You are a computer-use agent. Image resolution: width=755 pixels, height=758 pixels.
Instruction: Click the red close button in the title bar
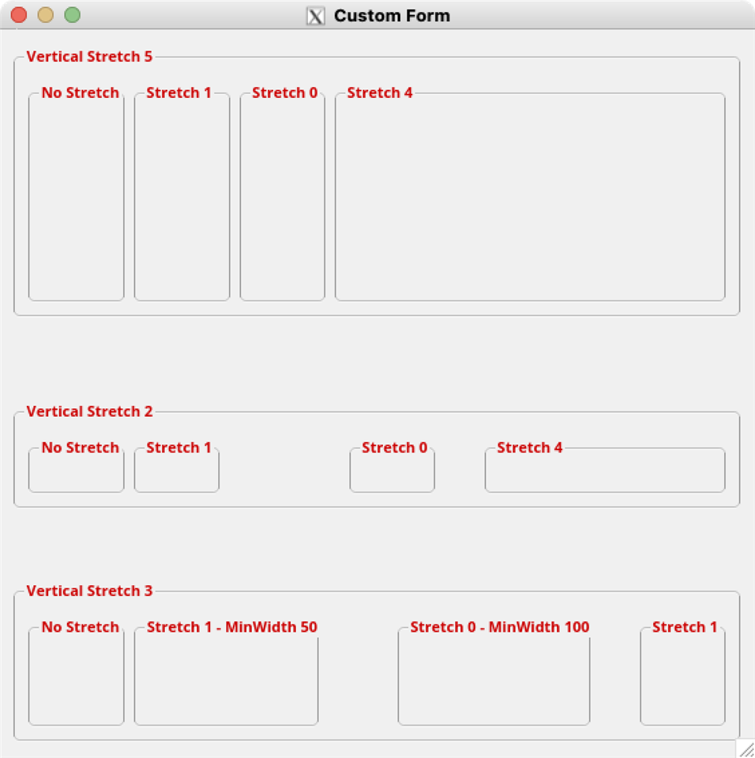tap(19, 15)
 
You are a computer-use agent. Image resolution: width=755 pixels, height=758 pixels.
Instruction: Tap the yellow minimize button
tap(46, 15)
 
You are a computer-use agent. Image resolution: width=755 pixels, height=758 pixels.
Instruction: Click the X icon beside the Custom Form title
tap(315, 16)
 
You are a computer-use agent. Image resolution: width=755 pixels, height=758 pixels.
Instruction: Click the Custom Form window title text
tap(392, 16)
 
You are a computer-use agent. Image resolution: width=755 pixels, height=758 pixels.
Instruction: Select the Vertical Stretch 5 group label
tap(89, 57)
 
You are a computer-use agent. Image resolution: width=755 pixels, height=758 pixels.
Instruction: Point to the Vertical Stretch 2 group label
tap(89, 411)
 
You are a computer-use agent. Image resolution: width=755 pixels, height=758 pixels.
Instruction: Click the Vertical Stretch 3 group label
tap(89, 591)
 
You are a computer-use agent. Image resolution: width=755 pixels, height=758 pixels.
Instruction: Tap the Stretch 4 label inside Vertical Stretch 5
tap(380, 93)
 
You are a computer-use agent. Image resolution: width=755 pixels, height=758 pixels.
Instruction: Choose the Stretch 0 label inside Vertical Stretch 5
tap(285, 93)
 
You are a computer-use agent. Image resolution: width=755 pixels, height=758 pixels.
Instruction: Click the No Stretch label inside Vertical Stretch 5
tap(81, 93)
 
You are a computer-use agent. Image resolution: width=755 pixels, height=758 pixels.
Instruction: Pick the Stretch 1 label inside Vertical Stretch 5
tap(179, 93)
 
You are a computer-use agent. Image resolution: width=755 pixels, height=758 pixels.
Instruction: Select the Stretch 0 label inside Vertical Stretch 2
tap(395, 448)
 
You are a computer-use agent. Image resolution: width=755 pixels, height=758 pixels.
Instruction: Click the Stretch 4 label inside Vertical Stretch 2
tap(530, 448)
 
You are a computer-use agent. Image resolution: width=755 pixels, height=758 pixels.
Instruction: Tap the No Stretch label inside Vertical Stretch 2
tap(81, 448)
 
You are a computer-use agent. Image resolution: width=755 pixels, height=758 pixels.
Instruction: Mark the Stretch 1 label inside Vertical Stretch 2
tap(179, 448)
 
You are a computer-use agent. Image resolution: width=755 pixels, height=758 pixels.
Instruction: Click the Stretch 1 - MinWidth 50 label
tap(232, 627)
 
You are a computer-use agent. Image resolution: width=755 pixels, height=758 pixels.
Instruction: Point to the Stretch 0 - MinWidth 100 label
tap(500, 627)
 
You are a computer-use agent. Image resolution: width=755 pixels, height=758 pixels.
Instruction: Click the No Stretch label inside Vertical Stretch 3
tap(81, 627)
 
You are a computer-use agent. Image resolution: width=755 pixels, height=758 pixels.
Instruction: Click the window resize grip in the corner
tap(747, 749)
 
